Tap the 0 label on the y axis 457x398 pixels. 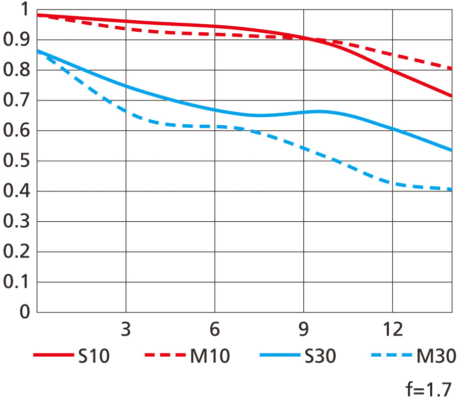[24, 312]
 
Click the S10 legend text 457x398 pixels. [94, 357]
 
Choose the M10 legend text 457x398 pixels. [210, 357]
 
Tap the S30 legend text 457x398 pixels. [320, 357]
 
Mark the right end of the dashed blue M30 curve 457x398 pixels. [451, 189]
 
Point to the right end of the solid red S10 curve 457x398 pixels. [451, 96]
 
